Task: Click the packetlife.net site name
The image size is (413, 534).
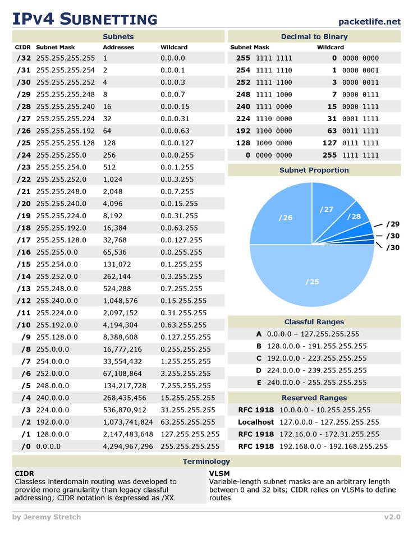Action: pyautogui.click(x=370, y=21)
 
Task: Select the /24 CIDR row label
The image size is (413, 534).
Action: pyautogui.click(x=24, y=155)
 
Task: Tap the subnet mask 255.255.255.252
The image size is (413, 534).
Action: pyautogui.click(x=66, y=82)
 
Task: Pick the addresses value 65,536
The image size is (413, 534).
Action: pyautogui.click(x=115, y=252)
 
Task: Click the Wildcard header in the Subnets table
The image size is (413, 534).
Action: pyautogui.click(x=174, y=48)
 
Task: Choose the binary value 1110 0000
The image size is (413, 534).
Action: pyautogui.click(x=274, y=119)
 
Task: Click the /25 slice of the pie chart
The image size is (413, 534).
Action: pyautogui.click(x=313, y=281)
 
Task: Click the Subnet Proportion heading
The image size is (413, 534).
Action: pyautogui.click(x=314, y=170)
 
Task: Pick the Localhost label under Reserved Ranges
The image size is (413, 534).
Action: pyautogui.click(x=256, y=422)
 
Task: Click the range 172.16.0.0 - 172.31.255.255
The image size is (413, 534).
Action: pyautogui.click(x=329, y=434)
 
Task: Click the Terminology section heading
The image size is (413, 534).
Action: pyautogui.click(x=206, y=461)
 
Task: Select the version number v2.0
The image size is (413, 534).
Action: pyautogui.click(x=392, y=517)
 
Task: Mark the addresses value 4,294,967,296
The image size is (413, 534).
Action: pyautogui.click(x=128, y=446)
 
